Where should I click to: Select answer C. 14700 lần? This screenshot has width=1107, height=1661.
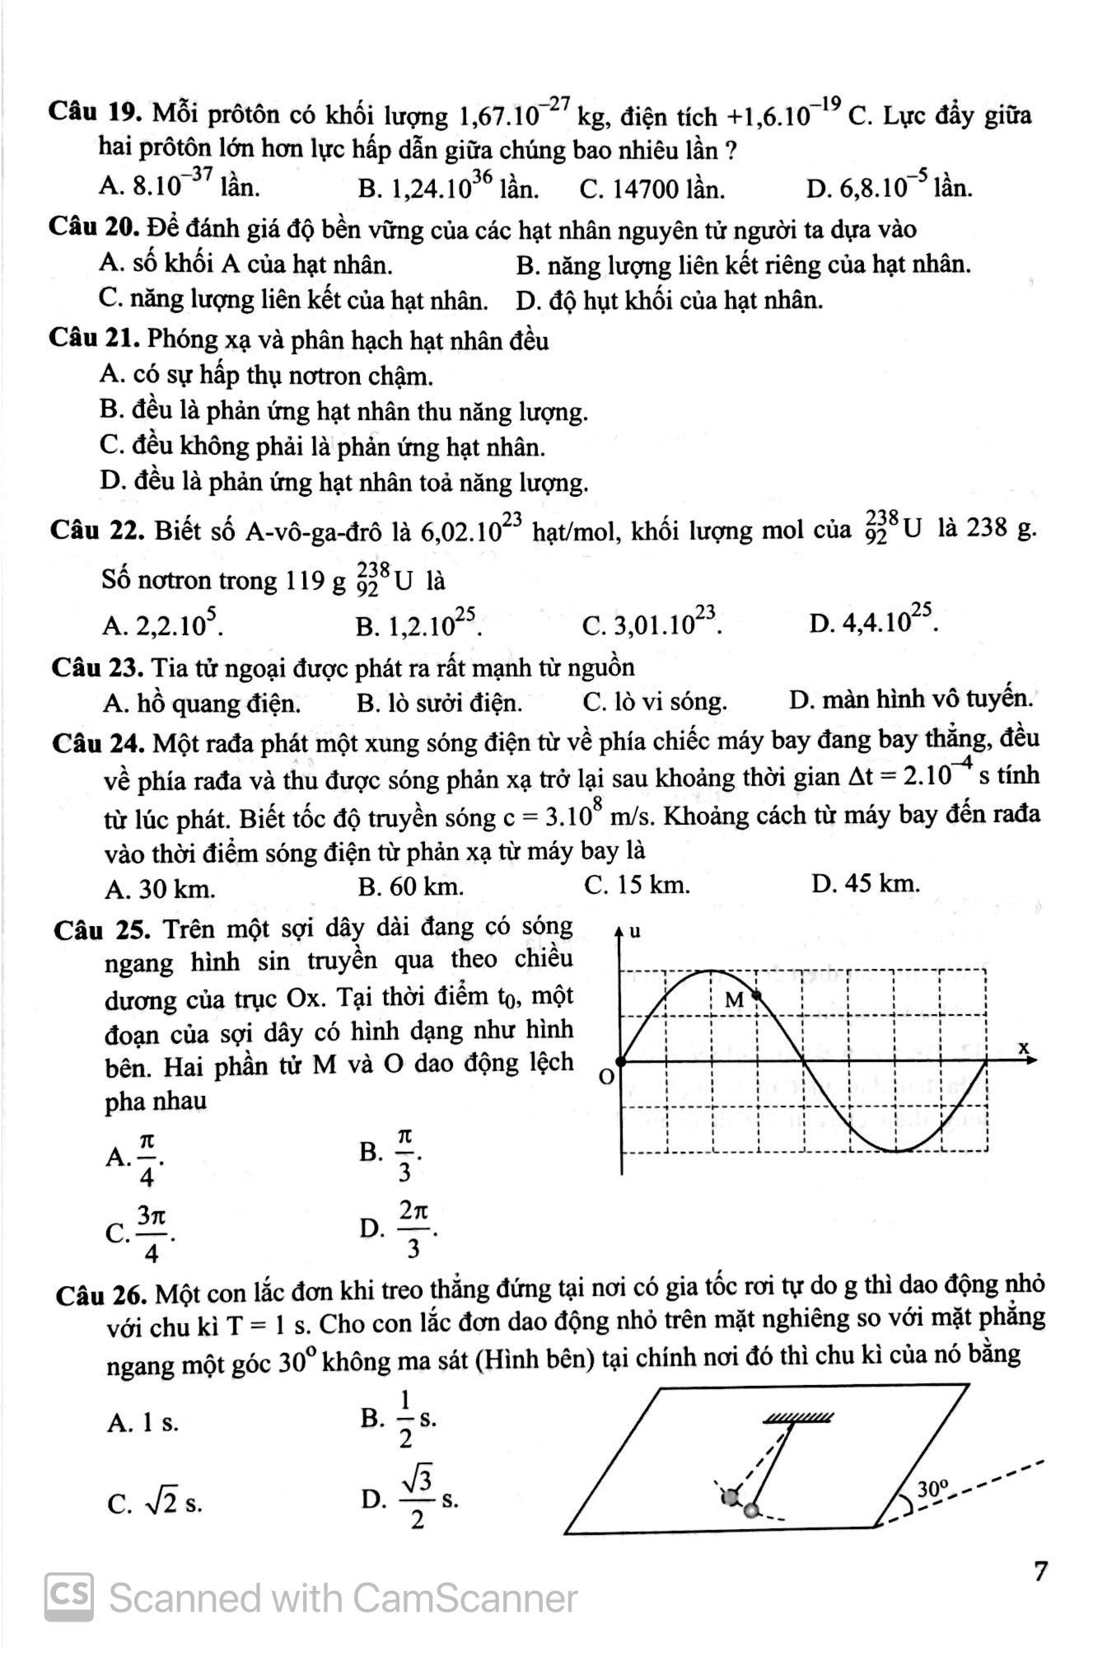(x=652, y=190)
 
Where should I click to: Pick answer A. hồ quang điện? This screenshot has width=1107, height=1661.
(x=203, y=704)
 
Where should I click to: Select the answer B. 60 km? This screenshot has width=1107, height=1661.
(x=411, y=887)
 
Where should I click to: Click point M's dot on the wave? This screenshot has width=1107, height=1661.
(x=759, y=995)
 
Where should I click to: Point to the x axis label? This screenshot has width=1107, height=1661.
(x=1025, y=1047)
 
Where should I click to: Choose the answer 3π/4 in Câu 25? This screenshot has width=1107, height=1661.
(x=141, y=1233)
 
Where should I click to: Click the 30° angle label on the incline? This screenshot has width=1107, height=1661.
(x=933, y=1487)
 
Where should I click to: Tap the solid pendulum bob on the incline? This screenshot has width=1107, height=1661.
(x=751, y=1510)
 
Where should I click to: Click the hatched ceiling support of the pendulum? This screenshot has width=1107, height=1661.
(x=797, y=1417)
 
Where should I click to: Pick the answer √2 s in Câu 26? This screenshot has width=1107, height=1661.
(x=155, y=1503)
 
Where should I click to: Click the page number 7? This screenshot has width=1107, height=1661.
(x=1040, y=1571)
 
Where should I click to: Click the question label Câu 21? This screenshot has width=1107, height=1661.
(x=97, y=339)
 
